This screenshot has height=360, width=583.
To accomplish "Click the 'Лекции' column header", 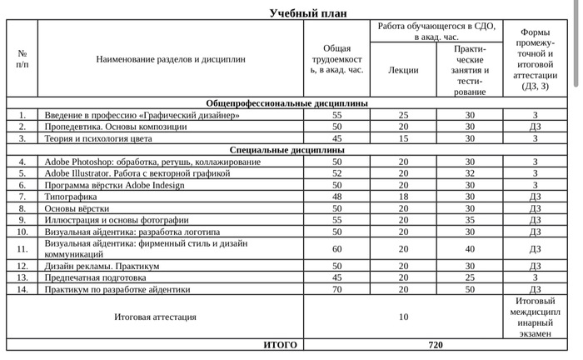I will tap(404, 70).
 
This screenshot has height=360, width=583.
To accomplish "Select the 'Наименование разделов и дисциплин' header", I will tap(171, 59).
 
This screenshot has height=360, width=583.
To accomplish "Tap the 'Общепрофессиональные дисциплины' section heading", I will tap(287, 103).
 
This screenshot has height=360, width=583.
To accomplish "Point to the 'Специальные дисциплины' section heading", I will tap(287, 150).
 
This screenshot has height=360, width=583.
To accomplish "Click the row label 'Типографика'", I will tap(71, 197).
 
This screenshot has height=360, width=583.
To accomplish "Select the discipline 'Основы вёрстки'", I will tap(77, 208).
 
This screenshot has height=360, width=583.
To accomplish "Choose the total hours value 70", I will tap(337, 289).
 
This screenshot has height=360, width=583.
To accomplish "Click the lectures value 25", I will tap(404, 115).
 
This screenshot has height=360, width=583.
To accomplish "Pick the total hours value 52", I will tap(337, 173).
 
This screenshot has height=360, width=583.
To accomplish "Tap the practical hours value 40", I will tap(470, 248).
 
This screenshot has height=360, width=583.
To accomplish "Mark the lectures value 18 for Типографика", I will tap(404, 197).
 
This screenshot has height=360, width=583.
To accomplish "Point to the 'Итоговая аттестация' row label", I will tap(155, 317).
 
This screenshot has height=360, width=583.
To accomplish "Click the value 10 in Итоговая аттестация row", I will tap(404, 317).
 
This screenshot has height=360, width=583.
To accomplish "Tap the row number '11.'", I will tap(22, 248).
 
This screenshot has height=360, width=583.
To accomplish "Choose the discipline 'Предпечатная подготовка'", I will tap(96, 277).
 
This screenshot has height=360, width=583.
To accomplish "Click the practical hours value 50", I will tap(470, 289).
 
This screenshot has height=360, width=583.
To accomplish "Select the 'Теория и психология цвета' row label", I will tap(98, 138).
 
